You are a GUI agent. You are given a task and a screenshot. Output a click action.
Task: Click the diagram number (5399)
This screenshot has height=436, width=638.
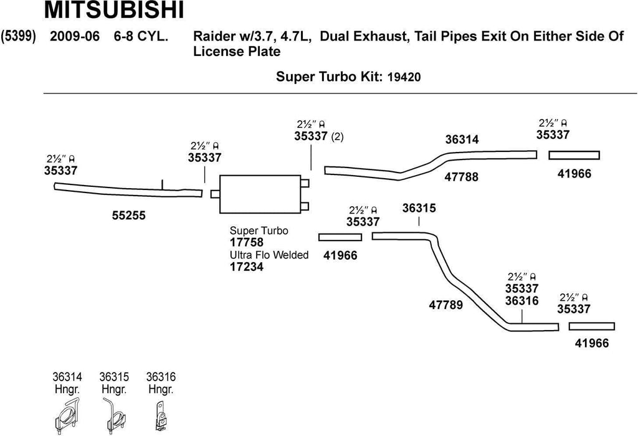point(18,36)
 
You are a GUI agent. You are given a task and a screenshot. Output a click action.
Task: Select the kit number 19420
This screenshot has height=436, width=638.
point(404,78)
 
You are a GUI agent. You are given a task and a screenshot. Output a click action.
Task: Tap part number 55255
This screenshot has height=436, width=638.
point(129,216)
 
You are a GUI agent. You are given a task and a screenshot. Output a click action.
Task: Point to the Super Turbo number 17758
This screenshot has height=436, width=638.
point(247,242)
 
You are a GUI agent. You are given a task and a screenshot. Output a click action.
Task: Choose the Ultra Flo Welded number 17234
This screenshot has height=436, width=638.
point(247,267)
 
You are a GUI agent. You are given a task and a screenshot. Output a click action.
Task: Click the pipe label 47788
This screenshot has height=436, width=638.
point(462,177)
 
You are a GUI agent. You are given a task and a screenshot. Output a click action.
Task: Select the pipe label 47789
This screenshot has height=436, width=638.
point(446,305)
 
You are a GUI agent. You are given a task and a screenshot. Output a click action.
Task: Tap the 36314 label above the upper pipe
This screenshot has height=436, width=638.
point(462,140)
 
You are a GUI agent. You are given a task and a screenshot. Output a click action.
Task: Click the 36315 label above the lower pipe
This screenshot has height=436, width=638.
point(419,209)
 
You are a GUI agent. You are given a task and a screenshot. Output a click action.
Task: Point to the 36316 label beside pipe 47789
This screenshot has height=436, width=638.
point(522,301)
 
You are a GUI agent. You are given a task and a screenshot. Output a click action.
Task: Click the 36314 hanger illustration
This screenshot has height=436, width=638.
point(67,417)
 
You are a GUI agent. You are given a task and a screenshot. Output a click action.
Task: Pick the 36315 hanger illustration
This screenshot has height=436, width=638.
point(113,417)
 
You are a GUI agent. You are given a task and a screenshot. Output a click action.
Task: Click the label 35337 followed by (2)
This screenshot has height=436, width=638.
point(311,137)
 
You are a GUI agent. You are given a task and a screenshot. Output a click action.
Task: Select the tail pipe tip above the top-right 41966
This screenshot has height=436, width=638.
point(574,155)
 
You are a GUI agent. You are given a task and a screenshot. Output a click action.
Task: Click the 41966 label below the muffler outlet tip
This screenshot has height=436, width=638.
point(340,255)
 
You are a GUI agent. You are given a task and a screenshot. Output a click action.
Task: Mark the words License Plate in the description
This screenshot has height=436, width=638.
point(237,52)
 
